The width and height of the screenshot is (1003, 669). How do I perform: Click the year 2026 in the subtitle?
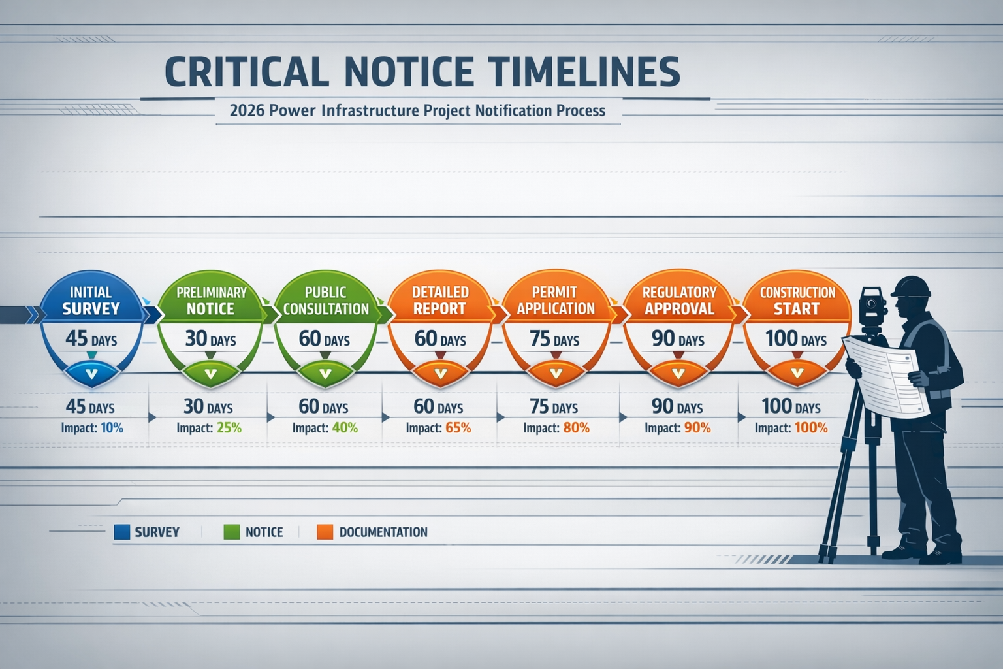tap(247, 110)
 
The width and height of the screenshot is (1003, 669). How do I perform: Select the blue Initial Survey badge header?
tap(91, 301)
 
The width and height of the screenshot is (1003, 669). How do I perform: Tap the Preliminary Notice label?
tap(210, 301)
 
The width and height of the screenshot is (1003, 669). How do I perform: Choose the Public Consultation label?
tap(326, 301)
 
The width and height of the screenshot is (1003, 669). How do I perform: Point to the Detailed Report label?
tap(440, 301)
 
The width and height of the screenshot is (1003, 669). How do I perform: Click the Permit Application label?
tap(556, 301)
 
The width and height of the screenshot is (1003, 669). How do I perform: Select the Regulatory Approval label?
tap(679, 301)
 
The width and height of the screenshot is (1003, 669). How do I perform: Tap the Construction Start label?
tap(797, 301)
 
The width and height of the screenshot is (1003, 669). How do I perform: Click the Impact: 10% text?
tap(92, 428)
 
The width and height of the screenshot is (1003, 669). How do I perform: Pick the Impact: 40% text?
tap(325, 428)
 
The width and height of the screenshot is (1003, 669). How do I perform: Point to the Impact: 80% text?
tap(556, 428)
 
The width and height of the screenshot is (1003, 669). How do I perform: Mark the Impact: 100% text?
tap(791, 428)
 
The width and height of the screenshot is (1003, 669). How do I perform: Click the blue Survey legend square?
tap(122, 532)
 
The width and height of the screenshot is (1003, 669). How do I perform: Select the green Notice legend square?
tap(232, 532)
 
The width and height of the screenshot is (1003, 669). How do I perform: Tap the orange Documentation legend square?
tap(325, 532)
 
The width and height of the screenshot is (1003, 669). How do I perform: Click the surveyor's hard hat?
tap(912, 287)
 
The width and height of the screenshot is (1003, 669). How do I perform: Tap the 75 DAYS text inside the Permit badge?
tap(554, 339)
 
